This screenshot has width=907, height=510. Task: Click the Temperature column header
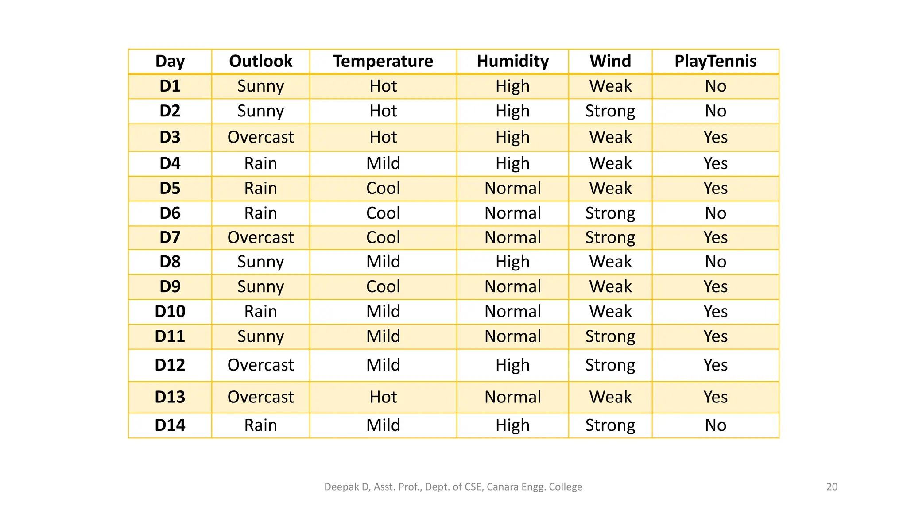click(383, 61)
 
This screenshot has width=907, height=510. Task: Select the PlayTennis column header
click(715, 61)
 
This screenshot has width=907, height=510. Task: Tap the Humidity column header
click(512, 61)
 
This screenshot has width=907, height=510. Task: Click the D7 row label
click(170, 238)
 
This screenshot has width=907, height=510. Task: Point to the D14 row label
click(170, 425)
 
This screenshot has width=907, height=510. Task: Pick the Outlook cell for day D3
click(260, 137)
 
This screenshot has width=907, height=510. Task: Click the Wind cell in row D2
click(610, 111)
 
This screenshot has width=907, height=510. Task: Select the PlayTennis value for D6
click(715, 213)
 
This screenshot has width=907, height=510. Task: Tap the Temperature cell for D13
click(383, 397)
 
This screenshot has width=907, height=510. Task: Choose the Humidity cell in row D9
click(512, 287)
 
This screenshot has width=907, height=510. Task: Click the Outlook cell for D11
click(260, 336)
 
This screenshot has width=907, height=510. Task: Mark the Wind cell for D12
click(610, 365)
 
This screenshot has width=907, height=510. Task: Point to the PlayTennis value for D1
click(715, 86)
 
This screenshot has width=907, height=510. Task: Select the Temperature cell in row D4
click(383, 163)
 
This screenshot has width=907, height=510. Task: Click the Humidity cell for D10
click(512, 312)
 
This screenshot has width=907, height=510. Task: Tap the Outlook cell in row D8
click(260, 262)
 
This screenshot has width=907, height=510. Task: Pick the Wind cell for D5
click(610, 189)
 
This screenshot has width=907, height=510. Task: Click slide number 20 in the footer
click(832, 487)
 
